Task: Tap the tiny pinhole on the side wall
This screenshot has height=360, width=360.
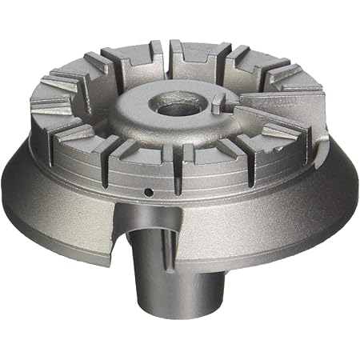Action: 149,192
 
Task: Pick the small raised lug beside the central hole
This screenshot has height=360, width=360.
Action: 216,102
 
